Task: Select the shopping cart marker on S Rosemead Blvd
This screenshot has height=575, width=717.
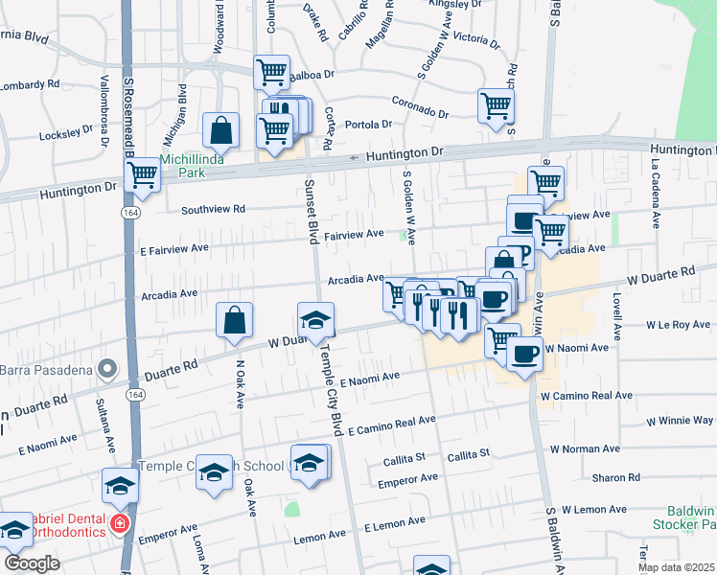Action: pos(143,174)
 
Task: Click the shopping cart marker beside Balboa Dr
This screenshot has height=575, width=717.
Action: pos(272,72)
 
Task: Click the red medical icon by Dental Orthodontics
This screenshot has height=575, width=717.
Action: pos(119,524)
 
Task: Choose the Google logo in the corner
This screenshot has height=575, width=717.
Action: pos(32,563)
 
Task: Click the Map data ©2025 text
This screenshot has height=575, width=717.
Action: pos(677,567)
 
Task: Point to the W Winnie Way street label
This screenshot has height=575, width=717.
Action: pos(678,421)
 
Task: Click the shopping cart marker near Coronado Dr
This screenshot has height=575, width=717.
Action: pos(496,105)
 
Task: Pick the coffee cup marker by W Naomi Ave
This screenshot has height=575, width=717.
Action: pos(524,354)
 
